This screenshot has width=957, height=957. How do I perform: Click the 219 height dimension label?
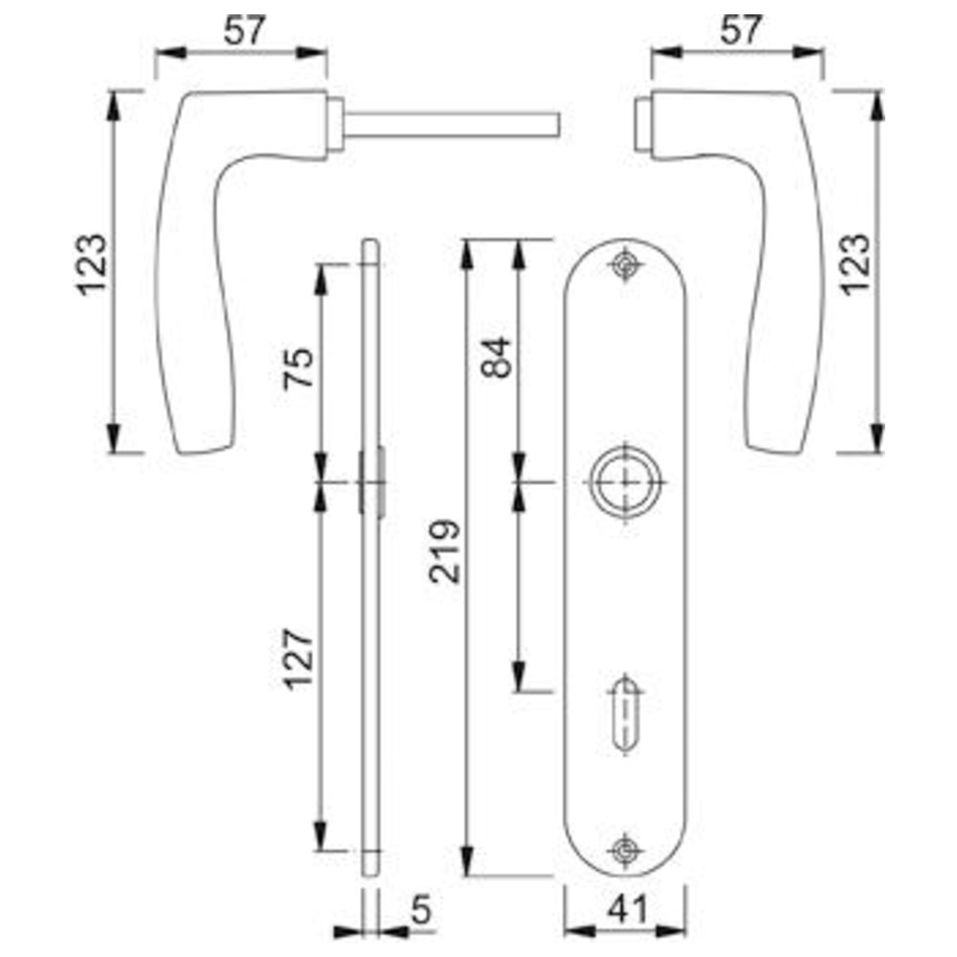[x=444, y=551]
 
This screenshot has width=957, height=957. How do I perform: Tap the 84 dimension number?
[x=496, y=357]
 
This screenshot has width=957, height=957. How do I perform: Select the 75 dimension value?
[x=299, y=367]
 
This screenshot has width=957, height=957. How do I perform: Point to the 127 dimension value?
[x=299, y=659]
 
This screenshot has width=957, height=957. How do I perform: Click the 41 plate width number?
[x=627, y=909]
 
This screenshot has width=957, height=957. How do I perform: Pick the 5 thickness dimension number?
[x=421, y=909]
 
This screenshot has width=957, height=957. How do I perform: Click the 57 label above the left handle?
[x=245, y=31]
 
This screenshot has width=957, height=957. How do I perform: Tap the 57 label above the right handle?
[x=741, y=30]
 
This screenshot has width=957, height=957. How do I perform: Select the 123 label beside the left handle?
[x=92, y=265]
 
